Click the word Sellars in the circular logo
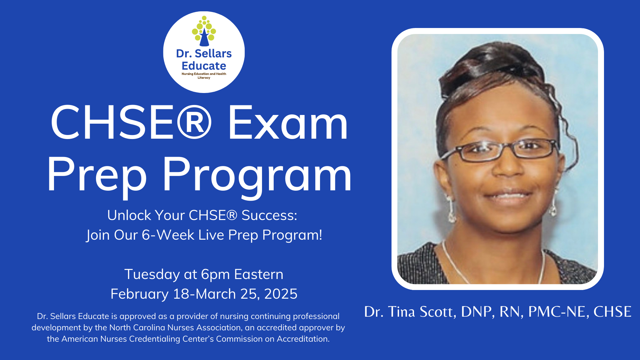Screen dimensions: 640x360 [x=213, y=53]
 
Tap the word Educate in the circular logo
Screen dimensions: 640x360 [x=204, y=66]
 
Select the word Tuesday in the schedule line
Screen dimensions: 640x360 [x=152, y=275]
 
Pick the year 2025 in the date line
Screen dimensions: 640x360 [x=281, y=294]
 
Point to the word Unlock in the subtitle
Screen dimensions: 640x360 [x=129, y=215]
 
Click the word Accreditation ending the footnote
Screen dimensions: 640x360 [x=303, y=339]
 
